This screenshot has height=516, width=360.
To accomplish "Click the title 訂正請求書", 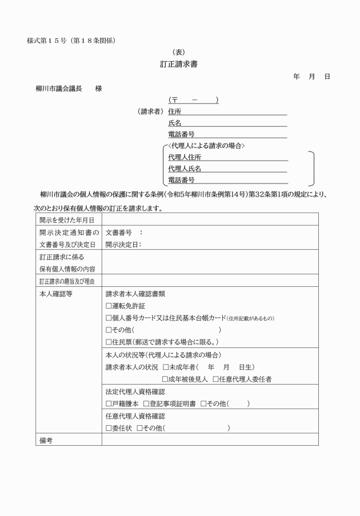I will coord(179,64).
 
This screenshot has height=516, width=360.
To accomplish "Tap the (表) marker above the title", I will coord(179,51).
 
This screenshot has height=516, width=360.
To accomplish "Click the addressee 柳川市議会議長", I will coord(59,89).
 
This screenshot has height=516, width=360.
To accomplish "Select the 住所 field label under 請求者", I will coord(174,111).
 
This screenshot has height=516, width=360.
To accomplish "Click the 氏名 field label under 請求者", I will coord(174,123).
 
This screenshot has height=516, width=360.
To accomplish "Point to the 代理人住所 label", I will coord(184,157).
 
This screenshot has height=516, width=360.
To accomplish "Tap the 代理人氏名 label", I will coord(184,169).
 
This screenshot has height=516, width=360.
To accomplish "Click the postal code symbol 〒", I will coord(172,101).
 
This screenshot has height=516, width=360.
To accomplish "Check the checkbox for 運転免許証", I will coord(109,306).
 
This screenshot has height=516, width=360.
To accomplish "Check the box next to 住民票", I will coord(109,342).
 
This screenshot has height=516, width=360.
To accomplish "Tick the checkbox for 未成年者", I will coord(166,366).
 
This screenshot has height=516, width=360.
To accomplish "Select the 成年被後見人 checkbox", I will coord(166,379).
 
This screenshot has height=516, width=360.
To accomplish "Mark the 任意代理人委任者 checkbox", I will coord(215,379).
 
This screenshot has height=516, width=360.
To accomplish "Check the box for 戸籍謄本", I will coord(109,403).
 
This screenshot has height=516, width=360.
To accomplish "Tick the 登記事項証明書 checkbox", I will coord(147,403).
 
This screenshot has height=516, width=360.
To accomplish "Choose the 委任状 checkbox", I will coord(109,428).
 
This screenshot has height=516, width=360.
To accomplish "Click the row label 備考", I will coord(46,441).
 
